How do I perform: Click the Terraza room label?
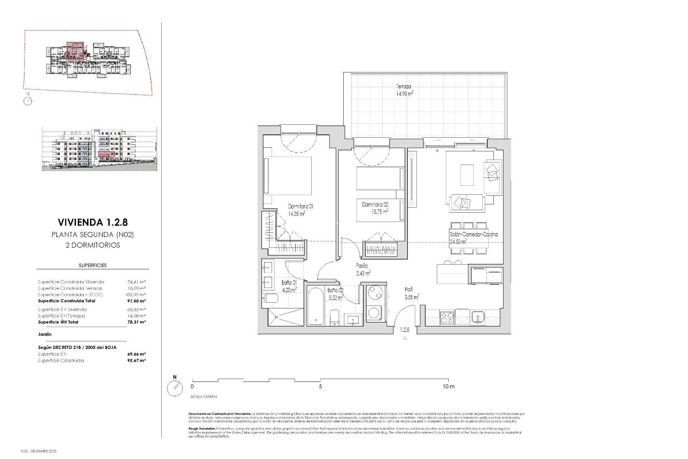[403, 86]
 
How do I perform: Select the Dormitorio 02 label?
[375, 204]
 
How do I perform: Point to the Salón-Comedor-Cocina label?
[473, 235]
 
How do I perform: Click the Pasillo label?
[362, 266]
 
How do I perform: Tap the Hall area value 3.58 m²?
[412, 297]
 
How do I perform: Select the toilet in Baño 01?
[271, 298]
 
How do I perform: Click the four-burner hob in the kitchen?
[446, 318]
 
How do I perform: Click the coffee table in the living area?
[467, 175]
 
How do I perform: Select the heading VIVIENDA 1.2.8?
[92, 222]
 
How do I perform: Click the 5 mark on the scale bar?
[320, 387]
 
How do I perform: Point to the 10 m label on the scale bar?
[448, 387]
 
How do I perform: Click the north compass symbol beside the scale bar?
[175, 388]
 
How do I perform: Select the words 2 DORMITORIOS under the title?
[92, 245]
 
